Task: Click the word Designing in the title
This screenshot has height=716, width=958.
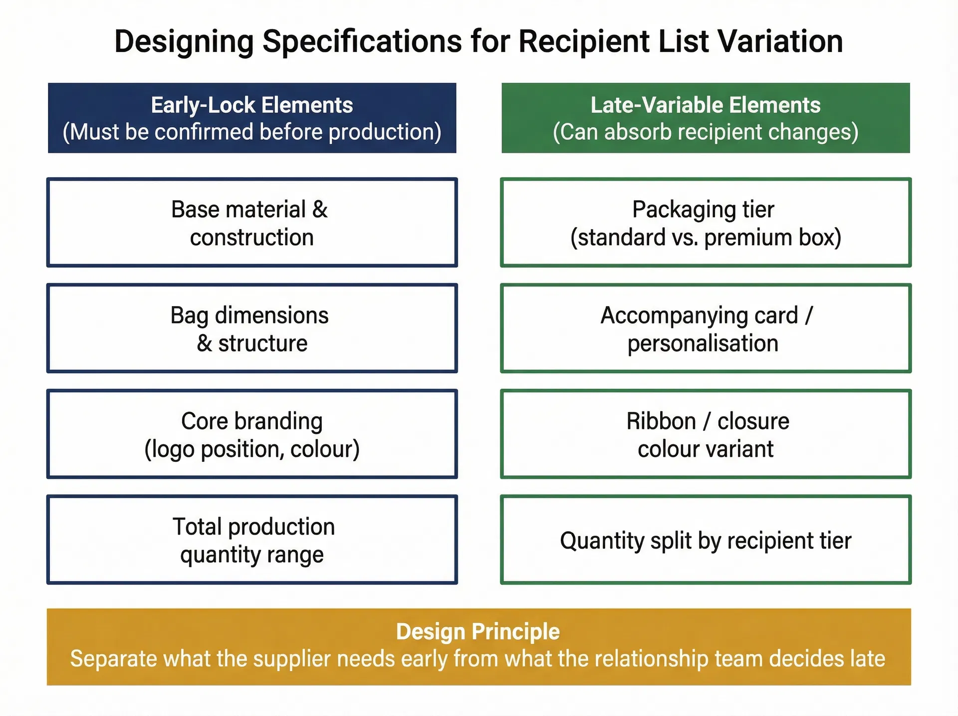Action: point(184,41)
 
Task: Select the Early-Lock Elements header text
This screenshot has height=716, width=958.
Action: point(252,105)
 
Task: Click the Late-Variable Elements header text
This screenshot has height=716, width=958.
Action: point(706,105)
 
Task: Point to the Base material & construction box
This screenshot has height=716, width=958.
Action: point(252,223)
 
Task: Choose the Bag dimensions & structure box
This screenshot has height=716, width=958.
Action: point(252,329)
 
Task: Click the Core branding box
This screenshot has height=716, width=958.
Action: point(252,434)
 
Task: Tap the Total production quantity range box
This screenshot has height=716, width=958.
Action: point(252,540)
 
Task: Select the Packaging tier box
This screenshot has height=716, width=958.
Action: point(706,223)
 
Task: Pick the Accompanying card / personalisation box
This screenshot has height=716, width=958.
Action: point(706,329)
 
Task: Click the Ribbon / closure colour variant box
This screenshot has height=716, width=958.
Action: point(706,434)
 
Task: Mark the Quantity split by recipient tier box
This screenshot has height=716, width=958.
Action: point(706,540)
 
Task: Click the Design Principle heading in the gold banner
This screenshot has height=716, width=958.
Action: point(478,632)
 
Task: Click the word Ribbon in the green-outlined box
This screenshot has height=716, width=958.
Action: point(661,421)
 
